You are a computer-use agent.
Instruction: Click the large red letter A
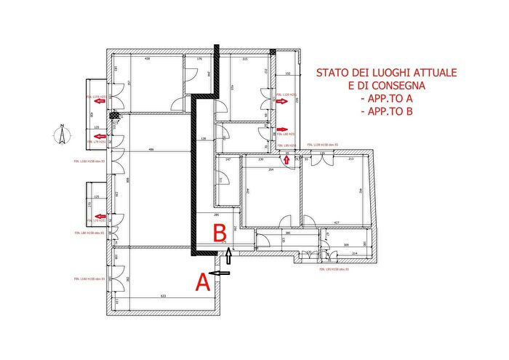[x=204, y=281]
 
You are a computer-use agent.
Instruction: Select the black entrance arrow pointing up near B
[x=231, y=255]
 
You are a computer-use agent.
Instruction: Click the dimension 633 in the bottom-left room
[x=163, y=296]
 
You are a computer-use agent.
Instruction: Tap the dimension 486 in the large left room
[x=151, y=149]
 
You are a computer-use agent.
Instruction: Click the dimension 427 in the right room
[x=337, y=223]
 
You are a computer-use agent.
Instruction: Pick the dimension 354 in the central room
[x=270, y=169]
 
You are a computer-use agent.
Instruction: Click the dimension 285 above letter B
[x=217, y=216]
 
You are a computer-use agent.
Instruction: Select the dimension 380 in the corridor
[x=287, y=233]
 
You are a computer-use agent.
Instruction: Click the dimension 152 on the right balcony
[x=287, y=74]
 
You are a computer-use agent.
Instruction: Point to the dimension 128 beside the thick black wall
[x=204, y=138]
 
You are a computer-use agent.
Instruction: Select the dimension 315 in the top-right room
[x=245, y=59]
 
